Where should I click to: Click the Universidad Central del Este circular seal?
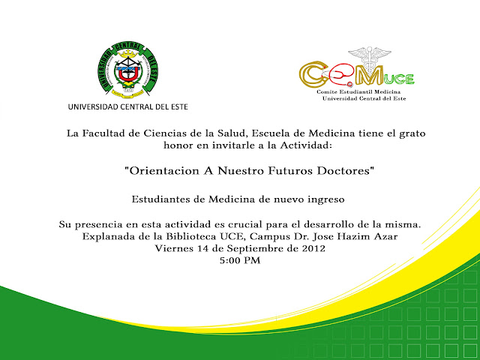tap(128, 70)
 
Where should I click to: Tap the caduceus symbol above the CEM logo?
tap(370, 58)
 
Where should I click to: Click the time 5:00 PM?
tap(240, 260)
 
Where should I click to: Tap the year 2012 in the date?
tap(313, 248)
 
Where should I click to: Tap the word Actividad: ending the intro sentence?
tap(306, 145)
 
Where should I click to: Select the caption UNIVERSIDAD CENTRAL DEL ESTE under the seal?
tap(128, 106)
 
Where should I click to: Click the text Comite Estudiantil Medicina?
tap(358, 91)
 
